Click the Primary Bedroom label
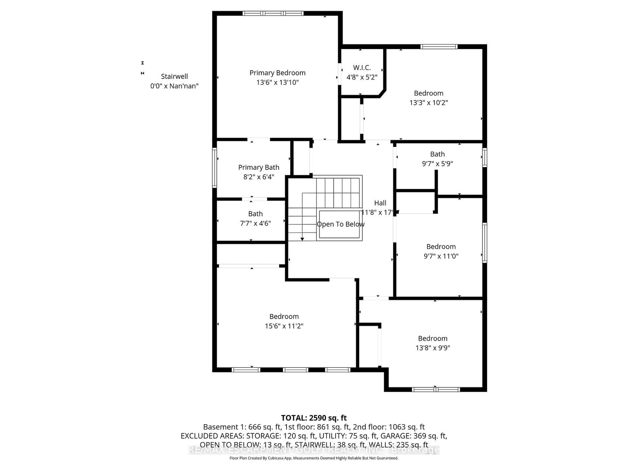[277, 73]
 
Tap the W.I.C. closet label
[361, 68]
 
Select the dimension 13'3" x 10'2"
[429, 103]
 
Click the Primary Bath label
[259, 168]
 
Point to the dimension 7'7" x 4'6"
[256, 223]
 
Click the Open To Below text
[340, 224]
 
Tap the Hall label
[380, 203]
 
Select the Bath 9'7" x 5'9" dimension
[437, 164]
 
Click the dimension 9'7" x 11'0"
[441, 256]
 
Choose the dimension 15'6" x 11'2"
[284, 326]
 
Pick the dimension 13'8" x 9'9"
[433, 348]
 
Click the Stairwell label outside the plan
[174, 77]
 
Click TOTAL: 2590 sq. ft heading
[314, 418]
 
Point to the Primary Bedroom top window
[273, 13]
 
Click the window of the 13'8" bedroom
[436, 389]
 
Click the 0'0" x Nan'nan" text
[174, 86]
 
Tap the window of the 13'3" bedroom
[439, 47]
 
